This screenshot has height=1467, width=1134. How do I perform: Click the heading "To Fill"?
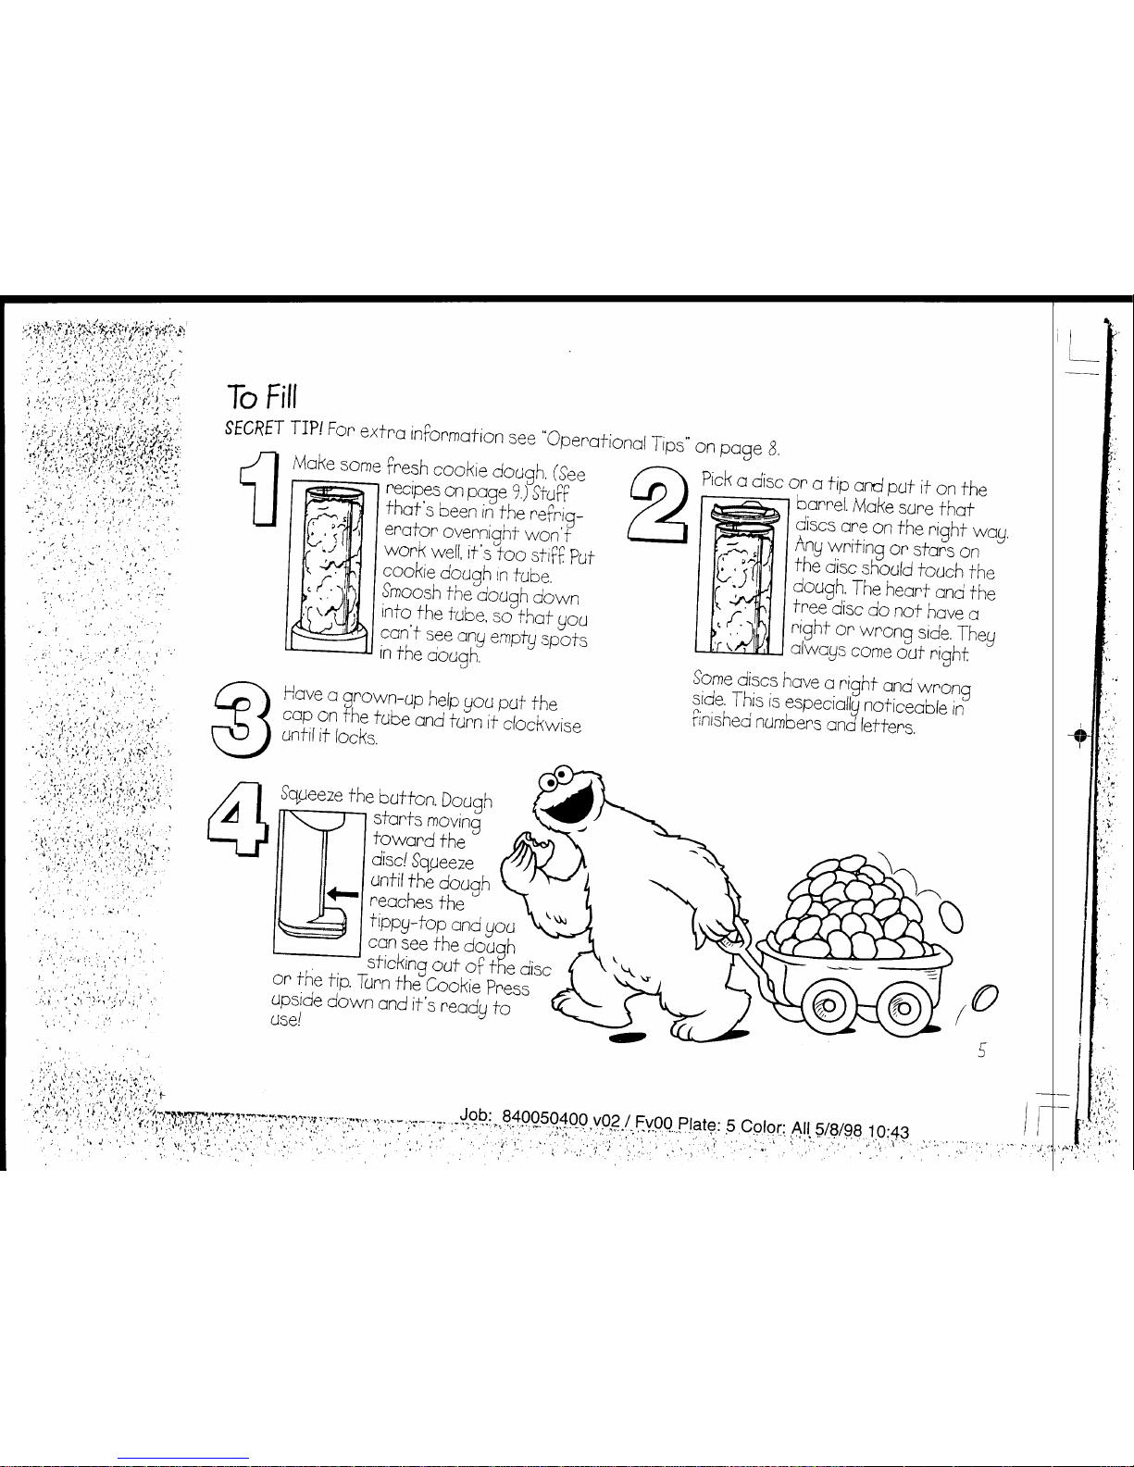(x=262, y=397)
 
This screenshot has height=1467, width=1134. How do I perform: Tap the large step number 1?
(x=260, y=489)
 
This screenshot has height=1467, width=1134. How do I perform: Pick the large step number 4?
(x=237, y=819)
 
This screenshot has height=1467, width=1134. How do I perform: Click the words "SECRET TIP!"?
(x=274, y=428)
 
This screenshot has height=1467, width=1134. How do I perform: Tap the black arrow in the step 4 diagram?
(x=343, y=894)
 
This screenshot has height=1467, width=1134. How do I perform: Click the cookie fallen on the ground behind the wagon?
(x=985, y=999)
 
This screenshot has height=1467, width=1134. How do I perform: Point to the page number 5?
(x=982, y=1050)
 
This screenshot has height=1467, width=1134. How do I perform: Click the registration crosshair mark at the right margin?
(x=1080, y=735)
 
